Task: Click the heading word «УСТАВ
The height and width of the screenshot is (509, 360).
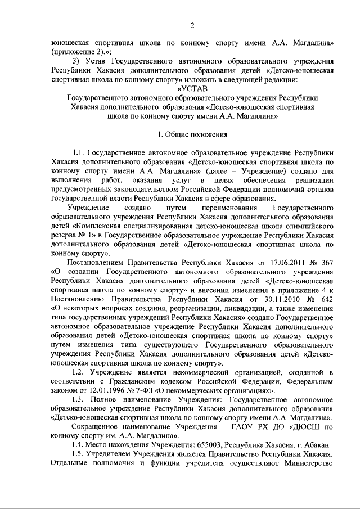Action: click(192, 88)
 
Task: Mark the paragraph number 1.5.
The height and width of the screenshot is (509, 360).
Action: click(81, 454)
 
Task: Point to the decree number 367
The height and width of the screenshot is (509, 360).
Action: click(327, 263)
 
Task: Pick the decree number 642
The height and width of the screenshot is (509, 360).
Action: click(327, 299)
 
